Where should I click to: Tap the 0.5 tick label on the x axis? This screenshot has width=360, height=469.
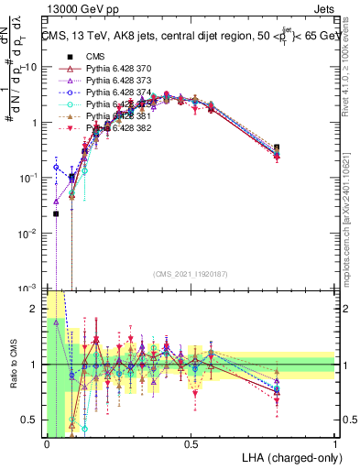(x=191, y=444)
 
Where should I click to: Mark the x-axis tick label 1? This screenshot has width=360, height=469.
(x=334, y=444)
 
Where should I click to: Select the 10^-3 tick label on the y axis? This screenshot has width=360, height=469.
(x=28, y=288)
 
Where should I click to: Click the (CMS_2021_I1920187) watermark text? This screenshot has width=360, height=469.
(x=191, y=273)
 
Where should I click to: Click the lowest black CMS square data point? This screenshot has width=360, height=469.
(x=56, y=213)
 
